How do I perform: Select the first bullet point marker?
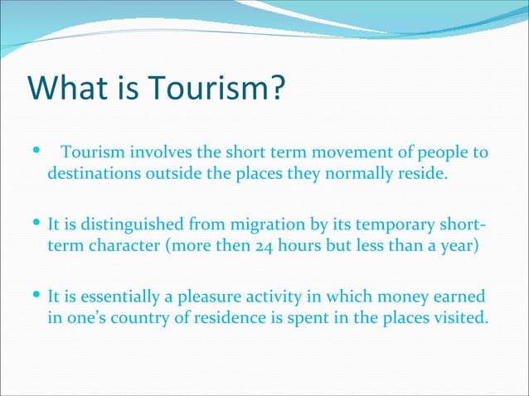(x=34, y=152)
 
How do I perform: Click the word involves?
(x=157, y=153)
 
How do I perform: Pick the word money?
(x=391, y=297)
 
